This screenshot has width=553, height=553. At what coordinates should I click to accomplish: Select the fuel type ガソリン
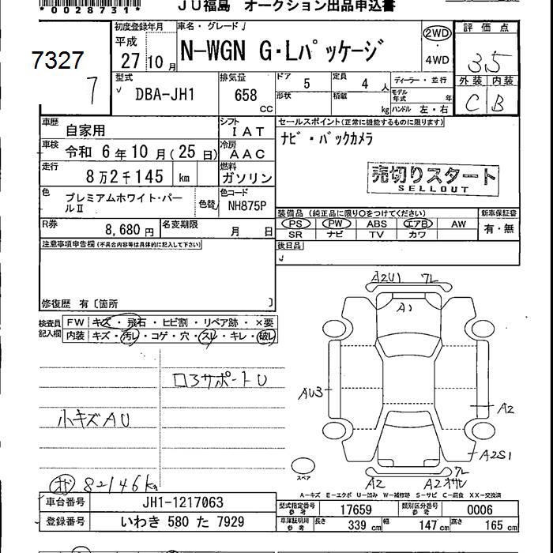tap(246, 179)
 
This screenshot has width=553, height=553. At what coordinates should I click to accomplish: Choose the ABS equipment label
tap(376, 224)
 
